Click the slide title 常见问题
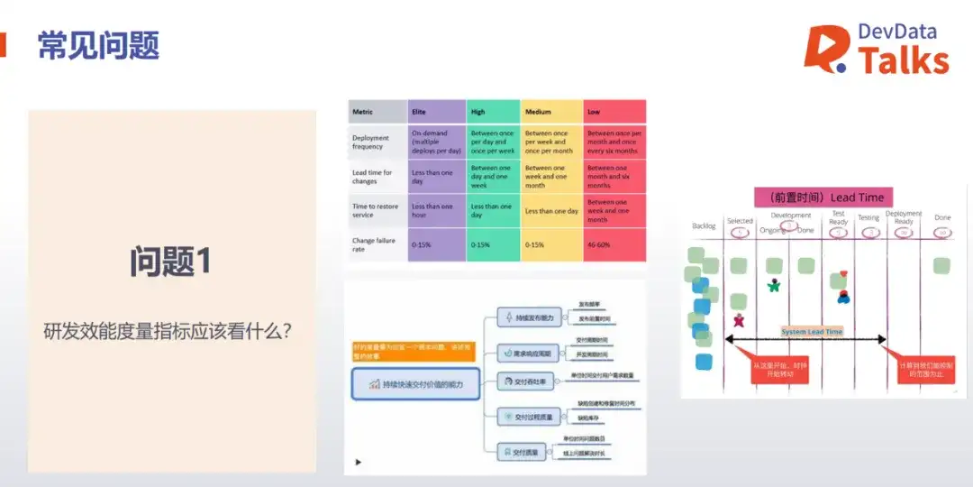[98, 44]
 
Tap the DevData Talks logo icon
[825, 50]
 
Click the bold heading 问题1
[170, 262]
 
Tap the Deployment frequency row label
[370, 142]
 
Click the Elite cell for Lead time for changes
[436, 176]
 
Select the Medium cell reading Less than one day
[551, 211]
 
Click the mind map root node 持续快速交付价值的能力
[415, 384]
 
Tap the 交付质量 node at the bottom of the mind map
[523, 452]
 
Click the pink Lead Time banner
[819, 198]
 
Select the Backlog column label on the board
[705, 225]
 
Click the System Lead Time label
[812, 332]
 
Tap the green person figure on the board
[773, 286]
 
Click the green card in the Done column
[941, 265]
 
